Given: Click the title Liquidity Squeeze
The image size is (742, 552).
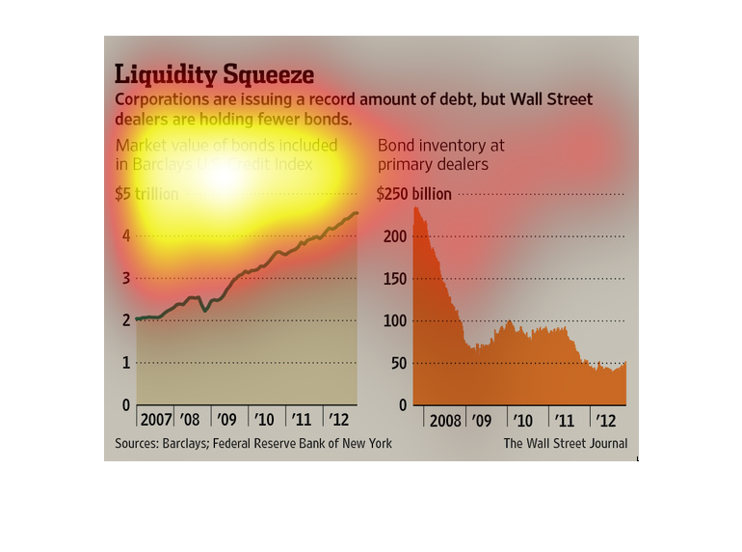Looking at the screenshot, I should tap(214, 74).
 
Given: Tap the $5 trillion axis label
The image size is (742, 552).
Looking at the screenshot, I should tap(146, 194).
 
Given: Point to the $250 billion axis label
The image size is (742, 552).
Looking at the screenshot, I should tap(414, 194).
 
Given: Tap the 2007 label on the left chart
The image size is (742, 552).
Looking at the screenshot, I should tap(156, 421).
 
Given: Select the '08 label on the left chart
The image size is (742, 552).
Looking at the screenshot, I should tap(191, 421).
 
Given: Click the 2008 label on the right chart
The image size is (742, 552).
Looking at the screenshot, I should tap(444, 421).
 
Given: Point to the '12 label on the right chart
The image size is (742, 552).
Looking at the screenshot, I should tap(606, 421).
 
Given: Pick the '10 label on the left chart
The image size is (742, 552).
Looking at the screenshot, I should tap(264, 421).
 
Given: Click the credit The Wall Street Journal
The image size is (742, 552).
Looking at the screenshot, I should tap(565, 444).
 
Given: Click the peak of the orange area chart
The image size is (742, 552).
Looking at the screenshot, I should tap(416, 207).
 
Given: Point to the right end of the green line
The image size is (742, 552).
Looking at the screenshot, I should tap(358, 213).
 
